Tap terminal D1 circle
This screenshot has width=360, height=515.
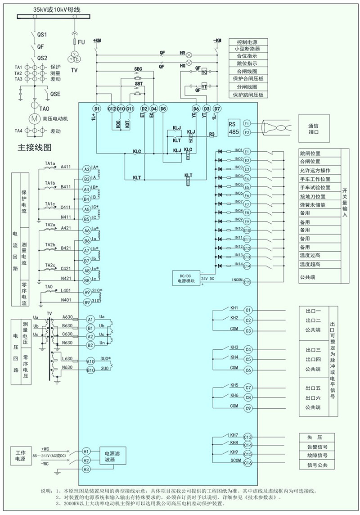click(x=96, y=109)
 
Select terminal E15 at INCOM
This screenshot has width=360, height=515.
click(x=247, y=282)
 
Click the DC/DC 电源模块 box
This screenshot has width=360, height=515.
click(x=186, y=278)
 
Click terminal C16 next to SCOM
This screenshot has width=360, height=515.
click(x=247, y=463)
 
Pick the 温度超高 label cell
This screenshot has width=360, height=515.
click(x=319, y=264)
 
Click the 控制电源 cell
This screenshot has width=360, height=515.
click(x=248, y=41)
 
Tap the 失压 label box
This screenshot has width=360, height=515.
click(x=317, y=437)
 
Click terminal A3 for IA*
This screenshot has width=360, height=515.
click(x=87, y=169)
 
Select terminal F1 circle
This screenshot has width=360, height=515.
click(x=247, y=123)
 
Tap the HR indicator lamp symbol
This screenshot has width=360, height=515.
click(x=189, y=53)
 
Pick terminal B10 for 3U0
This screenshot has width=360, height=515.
click(x=90, y=370)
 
